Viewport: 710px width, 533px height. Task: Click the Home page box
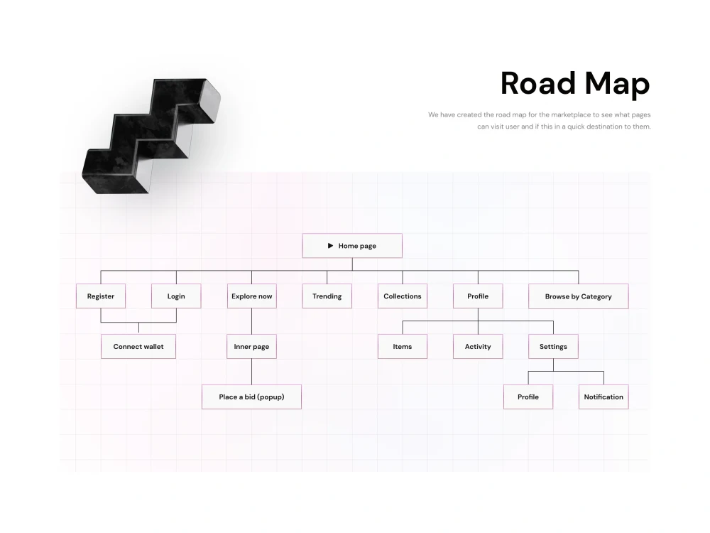click(x=352, y=246)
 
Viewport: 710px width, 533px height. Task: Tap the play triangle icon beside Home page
click(x=331, y=246)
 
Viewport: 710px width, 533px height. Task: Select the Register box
click(x=101, y=296)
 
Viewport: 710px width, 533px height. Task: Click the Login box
click(x=176, y=296)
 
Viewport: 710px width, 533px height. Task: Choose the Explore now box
click(x=252, y=296)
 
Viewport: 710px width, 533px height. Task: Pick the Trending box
click(x=327, y=296)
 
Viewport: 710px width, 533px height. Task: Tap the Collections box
click(x=403, y=296)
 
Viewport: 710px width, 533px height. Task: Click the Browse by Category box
click(x=578, y=296)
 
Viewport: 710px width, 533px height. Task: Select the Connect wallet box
click(x=138, y=346)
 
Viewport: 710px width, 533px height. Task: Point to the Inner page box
click(x=252, y=346)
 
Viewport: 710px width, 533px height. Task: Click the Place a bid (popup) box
click(x=252, y=397)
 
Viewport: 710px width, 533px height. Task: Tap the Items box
click(x=403, y=346)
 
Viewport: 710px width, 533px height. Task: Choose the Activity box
click(x=478, y=346)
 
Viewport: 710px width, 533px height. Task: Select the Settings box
click(x=553, y=346)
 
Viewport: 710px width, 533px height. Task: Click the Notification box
click(x=603, y=397)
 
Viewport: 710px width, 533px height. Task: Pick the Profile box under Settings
click(x=528, y=397)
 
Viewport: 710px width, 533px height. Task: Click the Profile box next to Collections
click(x=478, y=296)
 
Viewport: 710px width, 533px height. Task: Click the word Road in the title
click(x=538, y=83)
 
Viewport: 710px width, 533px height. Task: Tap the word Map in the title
click(x=618, y=85)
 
